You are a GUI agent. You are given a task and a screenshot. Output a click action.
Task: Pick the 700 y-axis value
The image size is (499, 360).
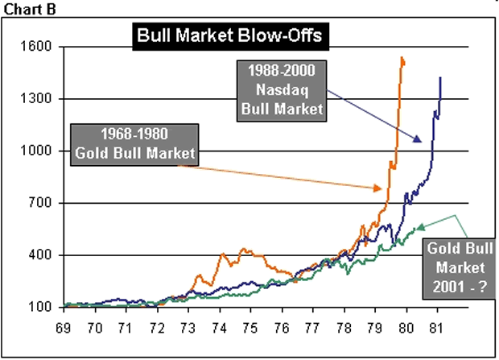40,204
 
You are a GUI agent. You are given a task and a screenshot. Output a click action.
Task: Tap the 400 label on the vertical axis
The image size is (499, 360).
40,256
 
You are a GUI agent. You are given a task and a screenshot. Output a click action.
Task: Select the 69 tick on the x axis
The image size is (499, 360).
64,329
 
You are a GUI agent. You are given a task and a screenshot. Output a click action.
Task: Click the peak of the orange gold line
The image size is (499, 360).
401,58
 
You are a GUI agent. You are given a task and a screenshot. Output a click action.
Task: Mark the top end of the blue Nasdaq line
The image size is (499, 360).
440,77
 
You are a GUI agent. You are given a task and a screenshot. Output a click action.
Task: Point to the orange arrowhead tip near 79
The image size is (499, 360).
381,188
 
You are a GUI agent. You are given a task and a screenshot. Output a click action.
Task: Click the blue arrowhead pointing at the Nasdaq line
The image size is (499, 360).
421,142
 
